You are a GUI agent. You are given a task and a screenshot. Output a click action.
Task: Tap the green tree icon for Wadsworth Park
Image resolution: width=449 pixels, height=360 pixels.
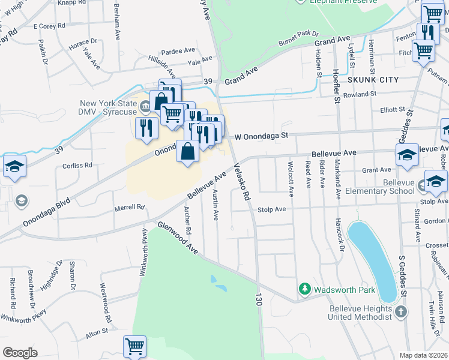click(x=304, y=290)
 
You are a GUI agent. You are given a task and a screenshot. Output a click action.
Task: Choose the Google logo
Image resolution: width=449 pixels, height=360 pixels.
click(x=20, y=353)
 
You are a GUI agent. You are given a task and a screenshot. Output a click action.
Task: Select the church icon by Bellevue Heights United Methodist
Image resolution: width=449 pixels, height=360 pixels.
click(x=402, y=312)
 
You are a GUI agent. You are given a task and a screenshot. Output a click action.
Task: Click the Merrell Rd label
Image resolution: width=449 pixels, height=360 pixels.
click(x=130, y=208)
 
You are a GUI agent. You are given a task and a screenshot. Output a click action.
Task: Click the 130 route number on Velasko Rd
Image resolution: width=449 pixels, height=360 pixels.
click(x=259, y=301)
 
